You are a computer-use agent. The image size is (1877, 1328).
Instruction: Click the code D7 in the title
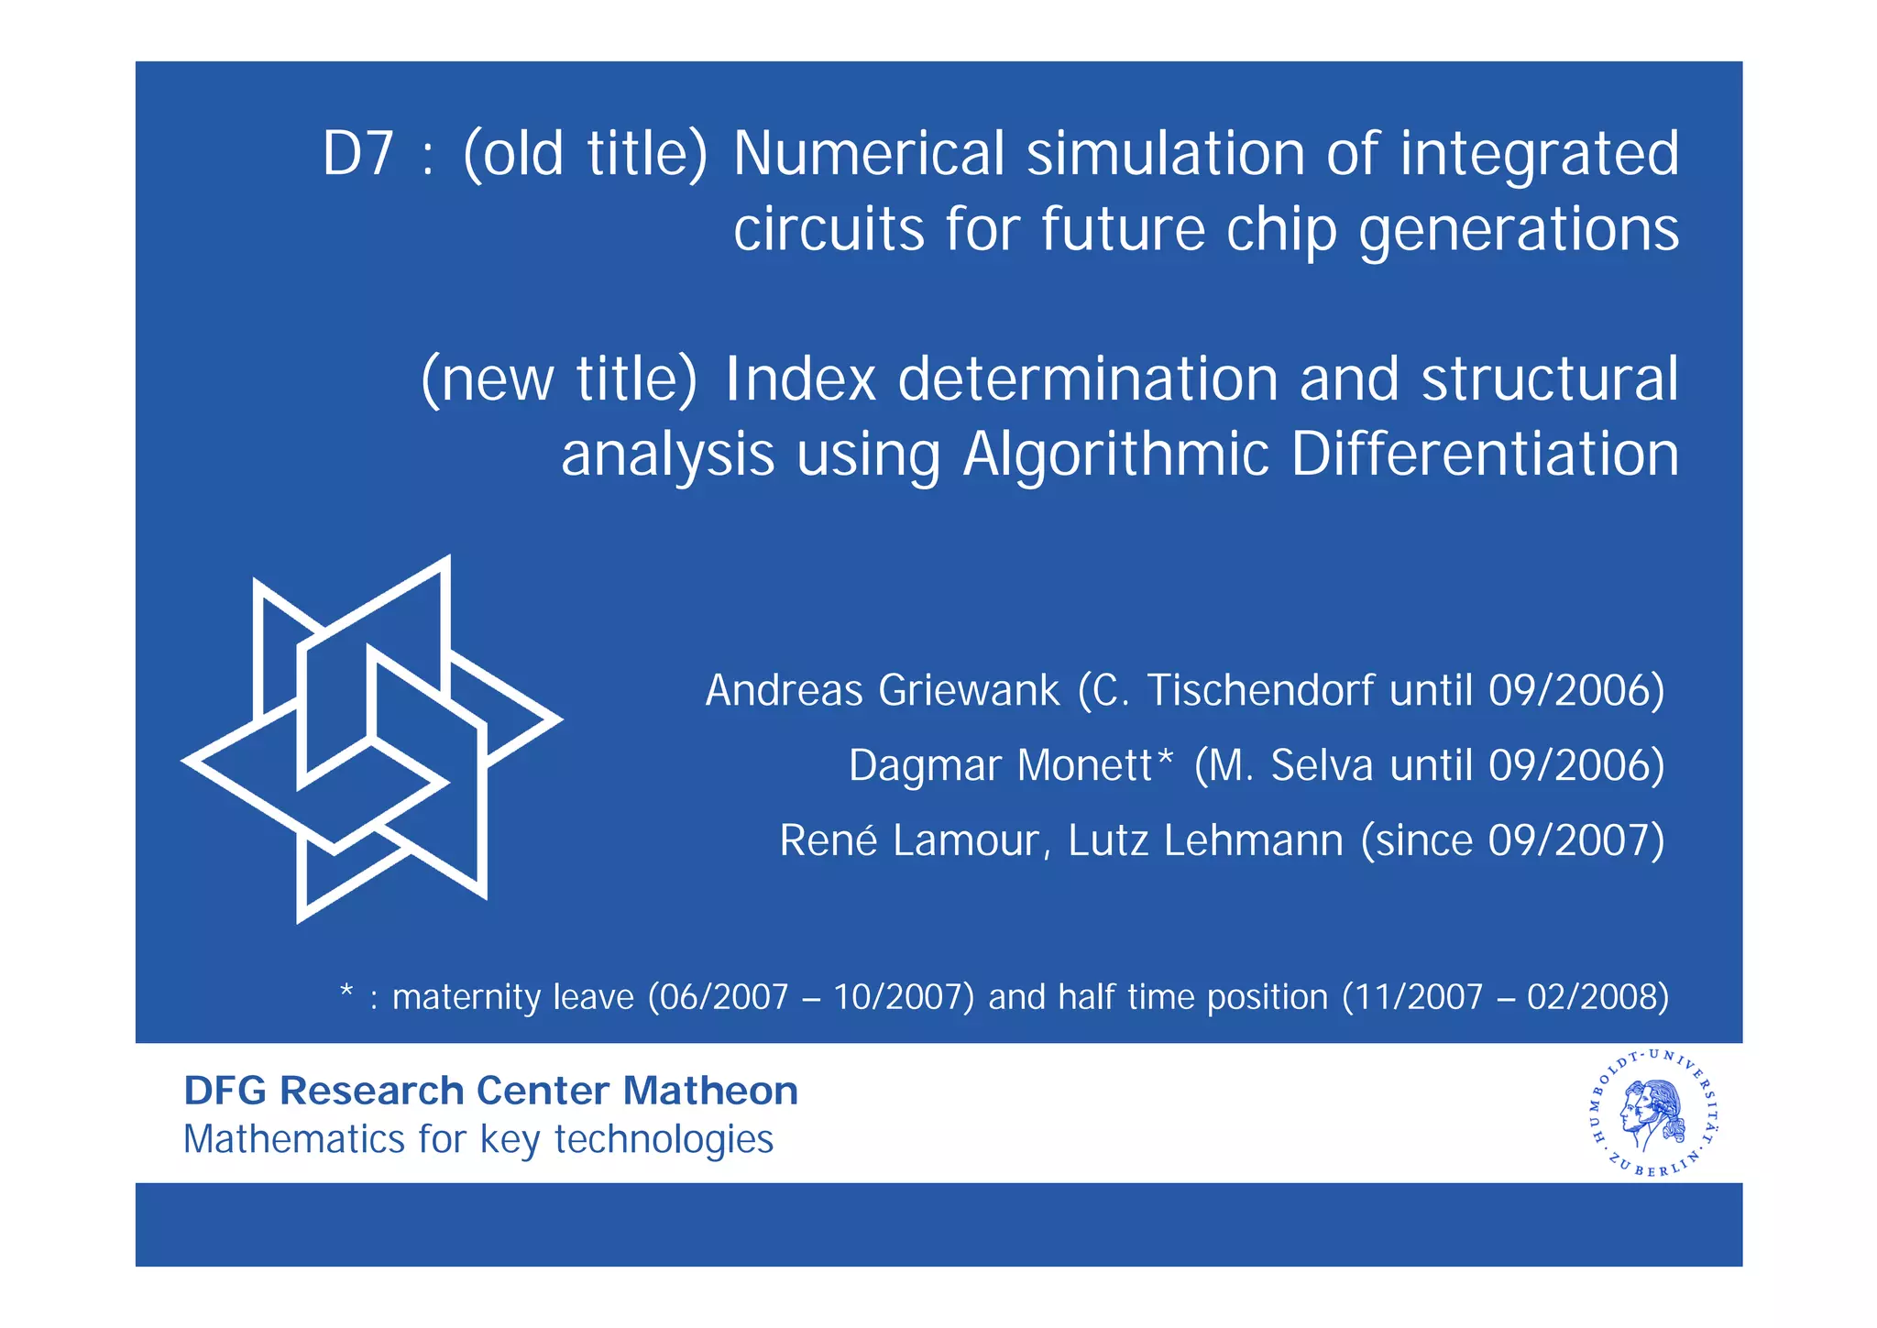tap(358, 154)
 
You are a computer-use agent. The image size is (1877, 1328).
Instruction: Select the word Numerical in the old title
tap(868, 154)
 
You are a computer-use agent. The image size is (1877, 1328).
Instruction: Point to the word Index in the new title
tap(800, 379)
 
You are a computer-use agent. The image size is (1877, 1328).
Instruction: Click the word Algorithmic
tap(1115, 455)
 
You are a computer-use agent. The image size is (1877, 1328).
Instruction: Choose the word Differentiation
tap(1485, 455)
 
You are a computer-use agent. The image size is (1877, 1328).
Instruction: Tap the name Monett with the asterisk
tap(1094, 765)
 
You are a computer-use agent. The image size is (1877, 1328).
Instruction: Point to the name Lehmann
tap(1253, 840)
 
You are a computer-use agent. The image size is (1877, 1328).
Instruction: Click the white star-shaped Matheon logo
tap(371, 739)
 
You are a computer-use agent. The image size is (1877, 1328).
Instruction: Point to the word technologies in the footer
tap(664, 1140)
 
